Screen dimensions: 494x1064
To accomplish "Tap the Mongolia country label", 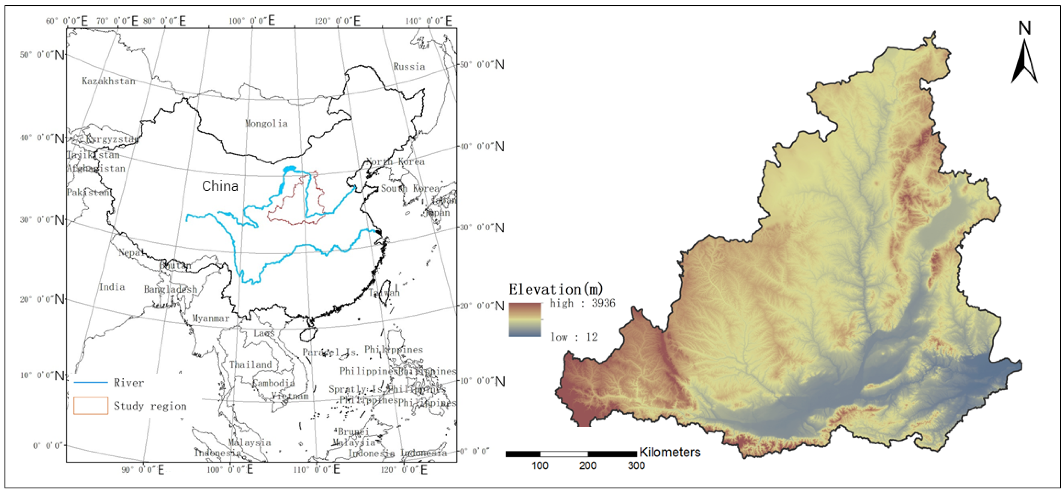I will point(266,123).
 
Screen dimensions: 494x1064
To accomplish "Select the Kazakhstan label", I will point(108,81).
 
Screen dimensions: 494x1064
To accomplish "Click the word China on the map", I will point(220,187).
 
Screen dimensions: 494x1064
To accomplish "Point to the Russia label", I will point(409,66).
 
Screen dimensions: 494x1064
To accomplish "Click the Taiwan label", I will point(384,293).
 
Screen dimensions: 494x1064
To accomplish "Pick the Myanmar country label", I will point(211,318).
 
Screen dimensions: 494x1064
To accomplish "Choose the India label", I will point(112,287).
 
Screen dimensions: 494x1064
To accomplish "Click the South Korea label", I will point(410,188).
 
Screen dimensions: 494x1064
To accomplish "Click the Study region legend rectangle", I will point(90,406).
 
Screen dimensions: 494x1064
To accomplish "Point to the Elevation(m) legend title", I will point(556,289).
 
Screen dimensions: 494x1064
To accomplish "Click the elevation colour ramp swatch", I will point(525,319).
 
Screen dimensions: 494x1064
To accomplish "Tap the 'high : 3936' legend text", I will point(582,303).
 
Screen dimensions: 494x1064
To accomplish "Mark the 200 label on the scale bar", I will point(587,466).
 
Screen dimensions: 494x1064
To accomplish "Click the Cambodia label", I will point(273,383).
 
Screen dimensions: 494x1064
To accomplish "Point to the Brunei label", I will point(353,432).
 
